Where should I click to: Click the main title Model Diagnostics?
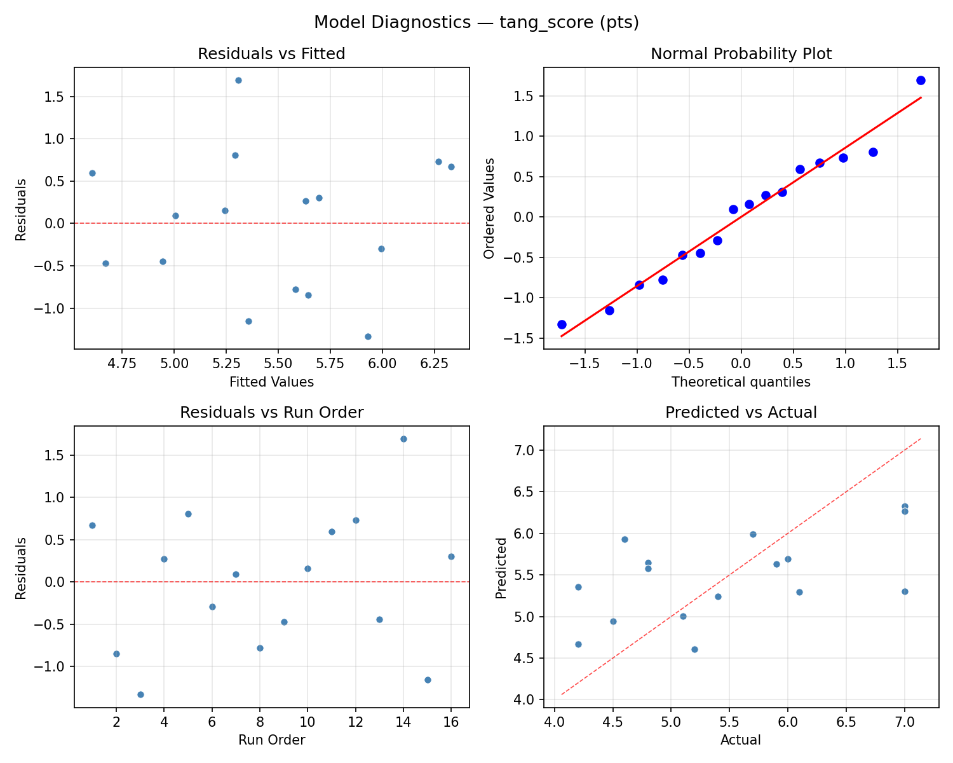pos(476,23)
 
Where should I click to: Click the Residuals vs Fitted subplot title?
pos(271,54)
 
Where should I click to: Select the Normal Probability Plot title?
pos(741,54)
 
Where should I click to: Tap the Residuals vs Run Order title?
pos(271,413)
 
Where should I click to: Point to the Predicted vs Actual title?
pos(741,413)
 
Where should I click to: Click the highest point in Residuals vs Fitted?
pos(238,80)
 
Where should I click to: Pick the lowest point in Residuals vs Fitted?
pos(368,336)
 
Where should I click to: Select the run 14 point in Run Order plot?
pos(403,439)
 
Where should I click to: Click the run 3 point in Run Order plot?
pos(140,694)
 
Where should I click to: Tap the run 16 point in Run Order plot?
pos(451,556)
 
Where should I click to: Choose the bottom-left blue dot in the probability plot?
pos(562,324)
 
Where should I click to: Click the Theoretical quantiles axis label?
pos(741,382)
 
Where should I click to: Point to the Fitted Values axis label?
pos(271,382)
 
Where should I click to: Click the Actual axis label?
pos(741,740)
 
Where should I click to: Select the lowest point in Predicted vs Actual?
pos(694,649)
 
